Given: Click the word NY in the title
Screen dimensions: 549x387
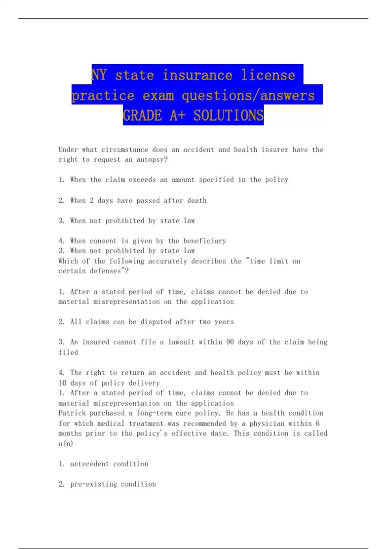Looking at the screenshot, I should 99,75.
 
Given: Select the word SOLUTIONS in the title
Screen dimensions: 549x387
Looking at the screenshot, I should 228,115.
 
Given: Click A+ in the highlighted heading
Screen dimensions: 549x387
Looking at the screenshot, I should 177,115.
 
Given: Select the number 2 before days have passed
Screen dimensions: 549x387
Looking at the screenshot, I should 92,201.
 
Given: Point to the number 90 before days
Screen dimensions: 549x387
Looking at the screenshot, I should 230,342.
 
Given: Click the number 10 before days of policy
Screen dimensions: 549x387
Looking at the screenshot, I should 62,383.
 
